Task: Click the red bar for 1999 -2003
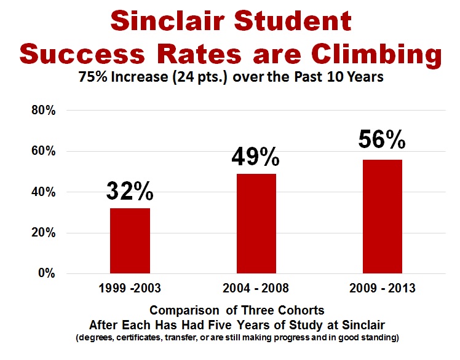(x=130, y=241)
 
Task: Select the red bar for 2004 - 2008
(x=256, y=224)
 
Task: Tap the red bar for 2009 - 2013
(x=383, y=216)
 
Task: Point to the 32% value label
(x=129, y=192)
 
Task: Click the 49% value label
(x=255, y=157)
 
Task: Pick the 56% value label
(x=382, y=141)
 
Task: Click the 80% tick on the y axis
(x=44, y=111)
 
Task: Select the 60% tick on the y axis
(x=44, y=151)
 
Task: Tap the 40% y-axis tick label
(x=44, y=192)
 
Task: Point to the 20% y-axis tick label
(x=44, y=233)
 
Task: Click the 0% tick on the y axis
(x=47, y=273)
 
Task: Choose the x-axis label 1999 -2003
(x=129, y=288)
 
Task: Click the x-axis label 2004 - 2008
(x=256, y=288)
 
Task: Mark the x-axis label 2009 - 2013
(x=382, y=288)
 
